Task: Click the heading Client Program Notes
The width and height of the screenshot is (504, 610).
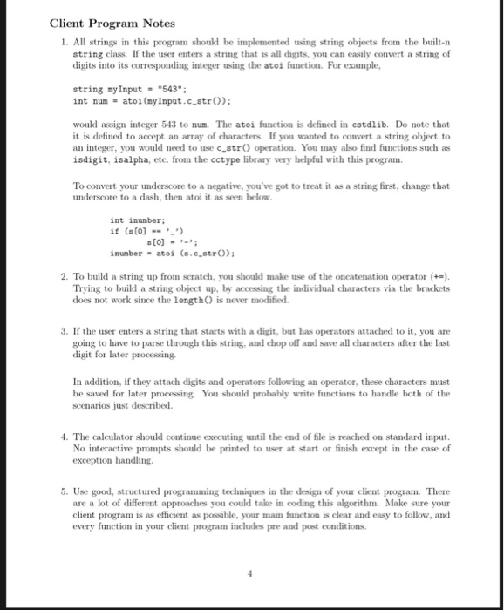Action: click(112, 23)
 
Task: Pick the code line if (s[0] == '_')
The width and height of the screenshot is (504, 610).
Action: click(143, 232)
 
